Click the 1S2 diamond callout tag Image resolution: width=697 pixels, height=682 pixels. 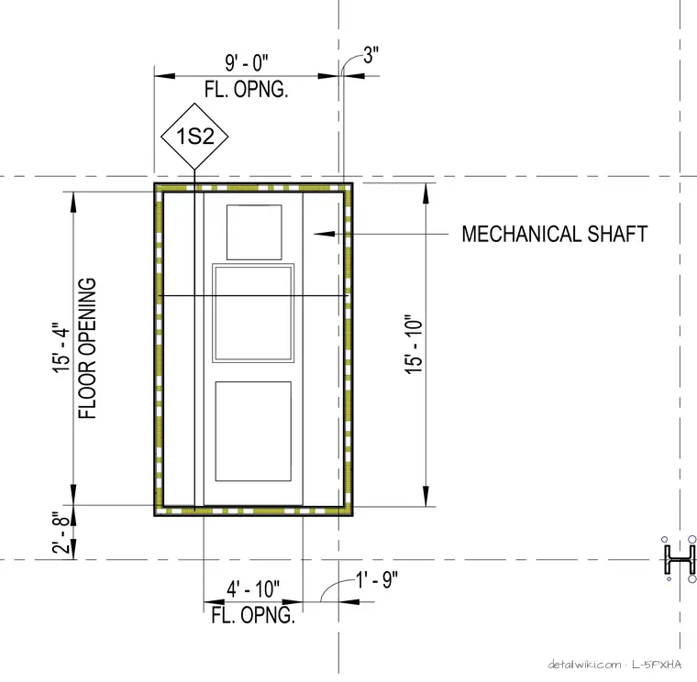click(x=194, y=136)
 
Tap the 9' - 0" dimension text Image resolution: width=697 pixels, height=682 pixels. click(x=247, y=62)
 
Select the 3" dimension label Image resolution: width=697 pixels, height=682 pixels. click(x=371, y=55)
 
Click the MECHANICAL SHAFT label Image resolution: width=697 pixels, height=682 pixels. click(x=554, y=234)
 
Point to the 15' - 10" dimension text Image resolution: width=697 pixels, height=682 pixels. click(x=414, y=345)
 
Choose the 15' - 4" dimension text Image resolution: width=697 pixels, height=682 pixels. click(x=61, y=348)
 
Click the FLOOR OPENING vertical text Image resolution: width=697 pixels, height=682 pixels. click(x=87, y=348)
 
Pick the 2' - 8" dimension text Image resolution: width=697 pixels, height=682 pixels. click(x=61, y=532)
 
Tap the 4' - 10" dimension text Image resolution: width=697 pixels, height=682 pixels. click(x=253, y=589)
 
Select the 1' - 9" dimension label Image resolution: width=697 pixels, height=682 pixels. click(x=377, y=579)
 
